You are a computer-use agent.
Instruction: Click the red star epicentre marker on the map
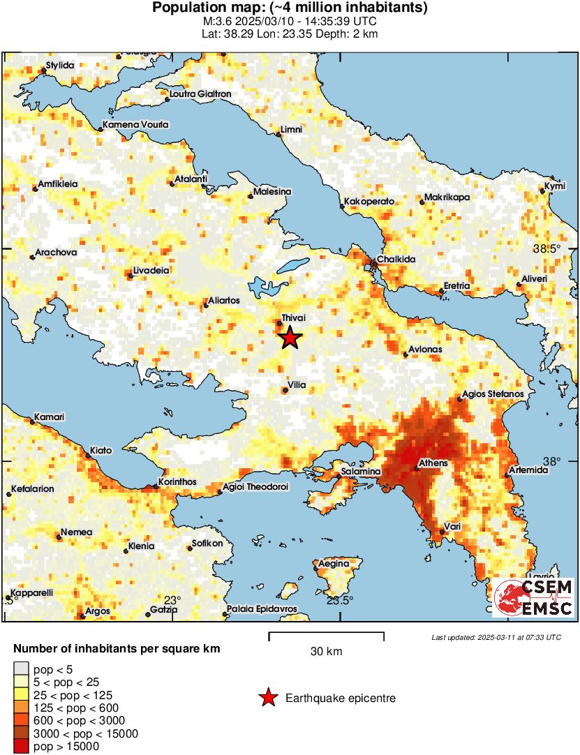(x=290, y=338)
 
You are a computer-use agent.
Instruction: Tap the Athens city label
(x=432, y=463)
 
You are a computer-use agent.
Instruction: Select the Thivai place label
(x=293, y=317)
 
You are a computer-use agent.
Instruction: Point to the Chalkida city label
(x=396, y=259)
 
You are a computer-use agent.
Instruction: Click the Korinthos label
(x=177, y=482)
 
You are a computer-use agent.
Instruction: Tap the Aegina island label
(x=334, y=564)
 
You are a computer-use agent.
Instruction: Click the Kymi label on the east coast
(x=555, y=186)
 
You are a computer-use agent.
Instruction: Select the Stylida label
(x=60, y=66)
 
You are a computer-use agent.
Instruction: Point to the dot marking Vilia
(x=285, y=391)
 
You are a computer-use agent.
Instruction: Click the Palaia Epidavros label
(x=262, y=609)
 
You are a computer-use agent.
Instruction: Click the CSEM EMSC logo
(x=533, y=598)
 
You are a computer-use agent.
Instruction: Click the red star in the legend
(x=267, y=698)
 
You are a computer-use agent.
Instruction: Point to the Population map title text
(x=290, y=8)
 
